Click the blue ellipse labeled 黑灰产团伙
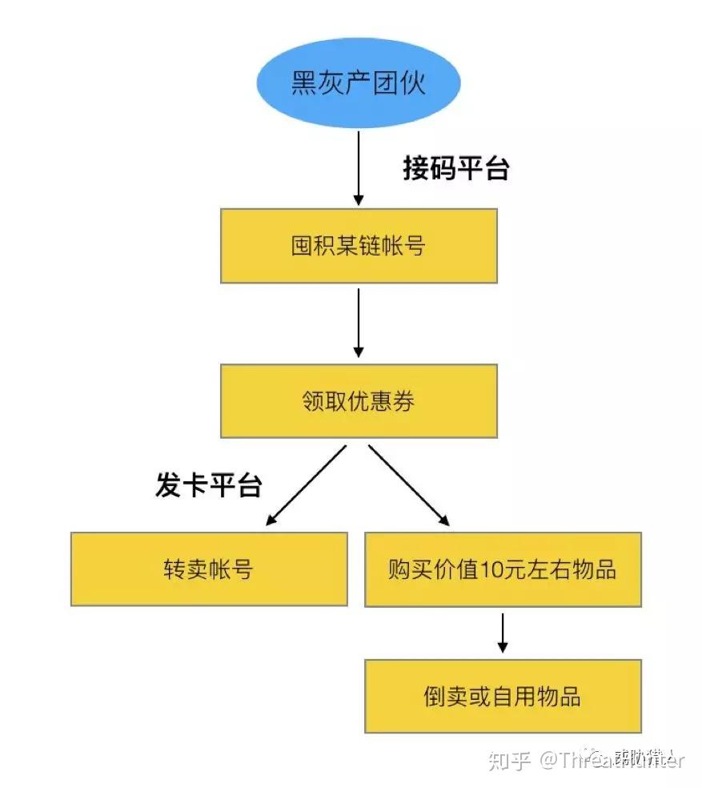(359, 84)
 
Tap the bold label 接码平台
(455, 169)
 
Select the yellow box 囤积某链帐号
(359, 246)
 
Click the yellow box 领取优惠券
(359, 401)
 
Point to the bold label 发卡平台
(208, 485)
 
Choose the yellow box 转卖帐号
(208, 569)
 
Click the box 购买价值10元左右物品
(503, 569)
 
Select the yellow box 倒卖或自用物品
(503, 696)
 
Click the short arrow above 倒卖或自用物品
(503, 633)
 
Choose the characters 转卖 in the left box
(186, 569)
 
